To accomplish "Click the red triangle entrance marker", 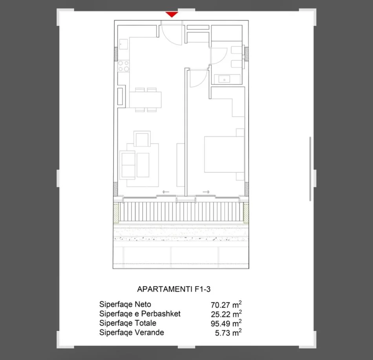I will pyautogui.click(x=172, y=15).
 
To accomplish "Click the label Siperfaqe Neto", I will pyautogui.click(x=125, y=304).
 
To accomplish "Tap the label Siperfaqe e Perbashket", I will pyautogui.click(x=140, y=314).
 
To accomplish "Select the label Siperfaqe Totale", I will pyautogui.click(x=128, y=323).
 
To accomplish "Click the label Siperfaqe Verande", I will pyautogui.click(x=132, y=333).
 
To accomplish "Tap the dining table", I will pyautogui.click(x=145, y=100).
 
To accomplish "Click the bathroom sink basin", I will pyautogui.click(x=224, y=79).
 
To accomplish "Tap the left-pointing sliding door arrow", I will pyautogui.click(x=165, y=192).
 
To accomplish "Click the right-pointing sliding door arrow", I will pyautogui.click(x=206, y=192).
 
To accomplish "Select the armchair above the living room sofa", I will pyautogui.click(x=141, y=139).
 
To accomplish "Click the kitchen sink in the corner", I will pyautogui.click(x=124, y=44).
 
